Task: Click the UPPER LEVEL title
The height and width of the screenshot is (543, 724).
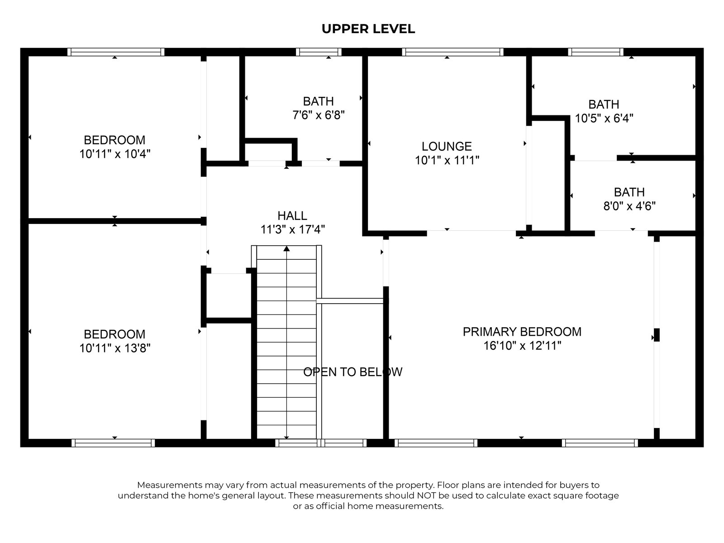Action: [368, 29]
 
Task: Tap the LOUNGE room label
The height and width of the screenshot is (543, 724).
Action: [447, 146]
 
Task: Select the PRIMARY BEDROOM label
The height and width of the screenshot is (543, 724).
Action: [522, 332]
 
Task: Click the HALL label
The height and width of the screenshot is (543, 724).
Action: [292, 216]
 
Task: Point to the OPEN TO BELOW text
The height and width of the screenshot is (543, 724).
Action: [352, 372]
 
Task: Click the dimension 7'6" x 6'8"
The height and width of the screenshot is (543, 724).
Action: [319, 115]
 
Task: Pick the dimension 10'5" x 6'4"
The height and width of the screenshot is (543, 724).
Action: [604, 119]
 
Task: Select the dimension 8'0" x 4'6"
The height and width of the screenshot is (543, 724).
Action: [629, 206]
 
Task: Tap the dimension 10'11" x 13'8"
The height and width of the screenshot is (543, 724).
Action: [114, 348]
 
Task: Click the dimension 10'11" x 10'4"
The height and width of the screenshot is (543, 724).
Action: [114, 154]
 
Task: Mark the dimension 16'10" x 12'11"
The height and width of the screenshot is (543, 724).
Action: [522, 346]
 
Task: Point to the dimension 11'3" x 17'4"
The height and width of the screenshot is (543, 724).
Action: [292, 230]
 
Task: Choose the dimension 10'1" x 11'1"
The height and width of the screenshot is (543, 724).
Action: [447, 160]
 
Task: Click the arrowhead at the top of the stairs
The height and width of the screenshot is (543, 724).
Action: [286, 248]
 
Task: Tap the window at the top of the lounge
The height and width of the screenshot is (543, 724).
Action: [452, 52]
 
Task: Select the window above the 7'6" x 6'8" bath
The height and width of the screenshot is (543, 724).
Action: [319, 52]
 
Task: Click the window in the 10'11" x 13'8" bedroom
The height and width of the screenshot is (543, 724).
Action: [113, 443]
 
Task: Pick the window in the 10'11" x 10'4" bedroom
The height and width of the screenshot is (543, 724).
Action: [116, 52]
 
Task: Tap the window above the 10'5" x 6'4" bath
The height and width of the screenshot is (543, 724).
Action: [595, 52]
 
